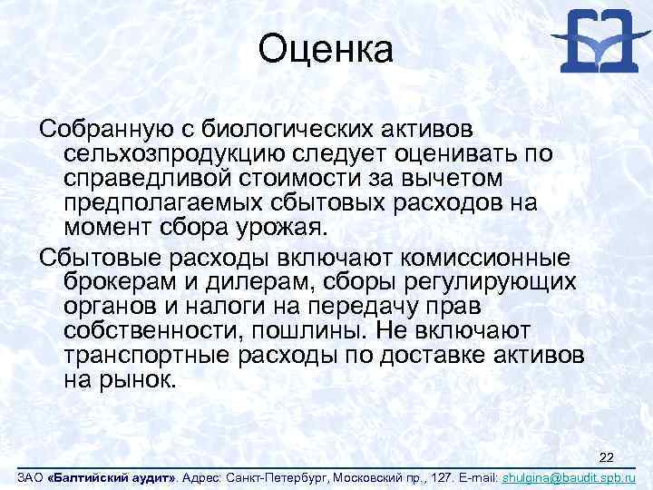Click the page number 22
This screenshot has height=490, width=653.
coord(607,456)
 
